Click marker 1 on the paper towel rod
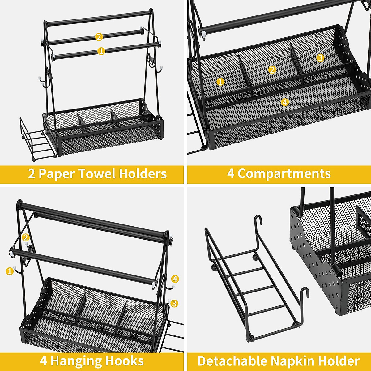(101, 51)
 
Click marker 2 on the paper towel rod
(99, 37)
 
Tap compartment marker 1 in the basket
(220, 82)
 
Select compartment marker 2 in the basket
(272, 70)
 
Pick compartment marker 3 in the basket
(320, 58)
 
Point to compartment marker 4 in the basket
(285, 102)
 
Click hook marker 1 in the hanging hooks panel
(10, 271)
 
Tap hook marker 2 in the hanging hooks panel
(26, 237)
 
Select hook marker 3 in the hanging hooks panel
(174, 303)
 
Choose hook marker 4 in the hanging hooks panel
(175, 279)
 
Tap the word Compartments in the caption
(284, 174)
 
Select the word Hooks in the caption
(125, 361)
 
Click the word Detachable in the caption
(232, 361)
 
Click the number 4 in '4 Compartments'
(231, 174)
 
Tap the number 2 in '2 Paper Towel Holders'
(32, 174)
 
